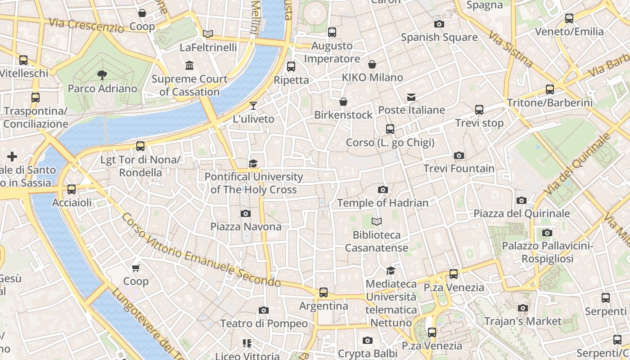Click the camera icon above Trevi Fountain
[x=459, y=155]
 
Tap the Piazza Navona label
[x=246, y=226]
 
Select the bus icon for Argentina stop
[x=323, y=292]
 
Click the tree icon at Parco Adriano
[x=102, y=75]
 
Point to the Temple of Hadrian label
[x=382, y=203]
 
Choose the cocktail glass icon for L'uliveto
[x=253, y=106]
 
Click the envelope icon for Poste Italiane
[x=411, y=97]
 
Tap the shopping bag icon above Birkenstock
[x=343, y=102]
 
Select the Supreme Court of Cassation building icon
[x=189, y=66]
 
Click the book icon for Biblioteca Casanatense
[x=377, y=221]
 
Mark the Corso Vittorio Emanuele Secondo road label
[x=201, y=250]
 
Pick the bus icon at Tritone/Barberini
[x=549, y=89]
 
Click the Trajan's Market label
[x=522, y=321]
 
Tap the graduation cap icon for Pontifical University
[x=253, y=163]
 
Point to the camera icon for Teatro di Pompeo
[x=264, y=310]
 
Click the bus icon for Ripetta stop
[x=291, y=67]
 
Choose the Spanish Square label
[x=439, y=37]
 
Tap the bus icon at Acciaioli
[x=72, y=189]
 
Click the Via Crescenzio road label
[x=86, y=25]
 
